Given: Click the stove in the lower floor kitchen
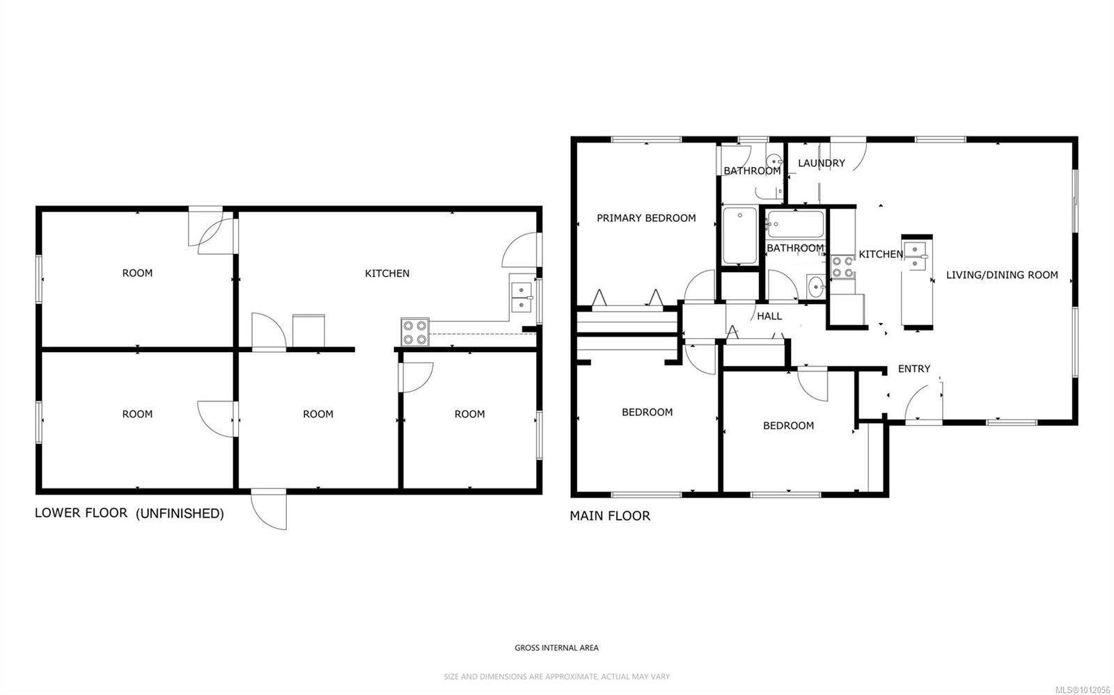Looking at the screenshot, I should click(415, 332).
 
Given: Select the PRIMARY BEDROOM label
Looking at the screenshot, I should click(646, 218).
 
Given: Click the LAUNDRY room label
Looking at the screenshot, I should click(821, 163).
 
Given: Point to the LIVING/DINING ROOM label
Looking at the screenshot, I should click(1001, 275).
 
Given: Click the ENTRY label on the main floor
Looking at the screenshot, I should click(913, 369).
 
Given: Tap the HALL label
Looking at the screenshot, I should click(769, 316).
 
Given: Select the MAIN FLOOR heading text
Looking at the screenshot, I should click(610, 516).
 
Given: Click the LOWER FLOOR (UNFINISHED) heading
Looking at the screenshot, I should click(130, 513).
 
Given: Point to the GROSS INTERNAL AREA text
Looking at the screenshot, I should click(556, 648).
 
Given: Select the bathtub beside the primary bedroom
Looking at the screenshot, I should click(739, 236).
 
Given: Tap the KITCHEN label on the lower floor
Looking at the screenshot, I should click(387, 273).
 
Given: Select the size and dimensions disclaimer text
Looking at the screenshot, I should click(556, 676).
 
